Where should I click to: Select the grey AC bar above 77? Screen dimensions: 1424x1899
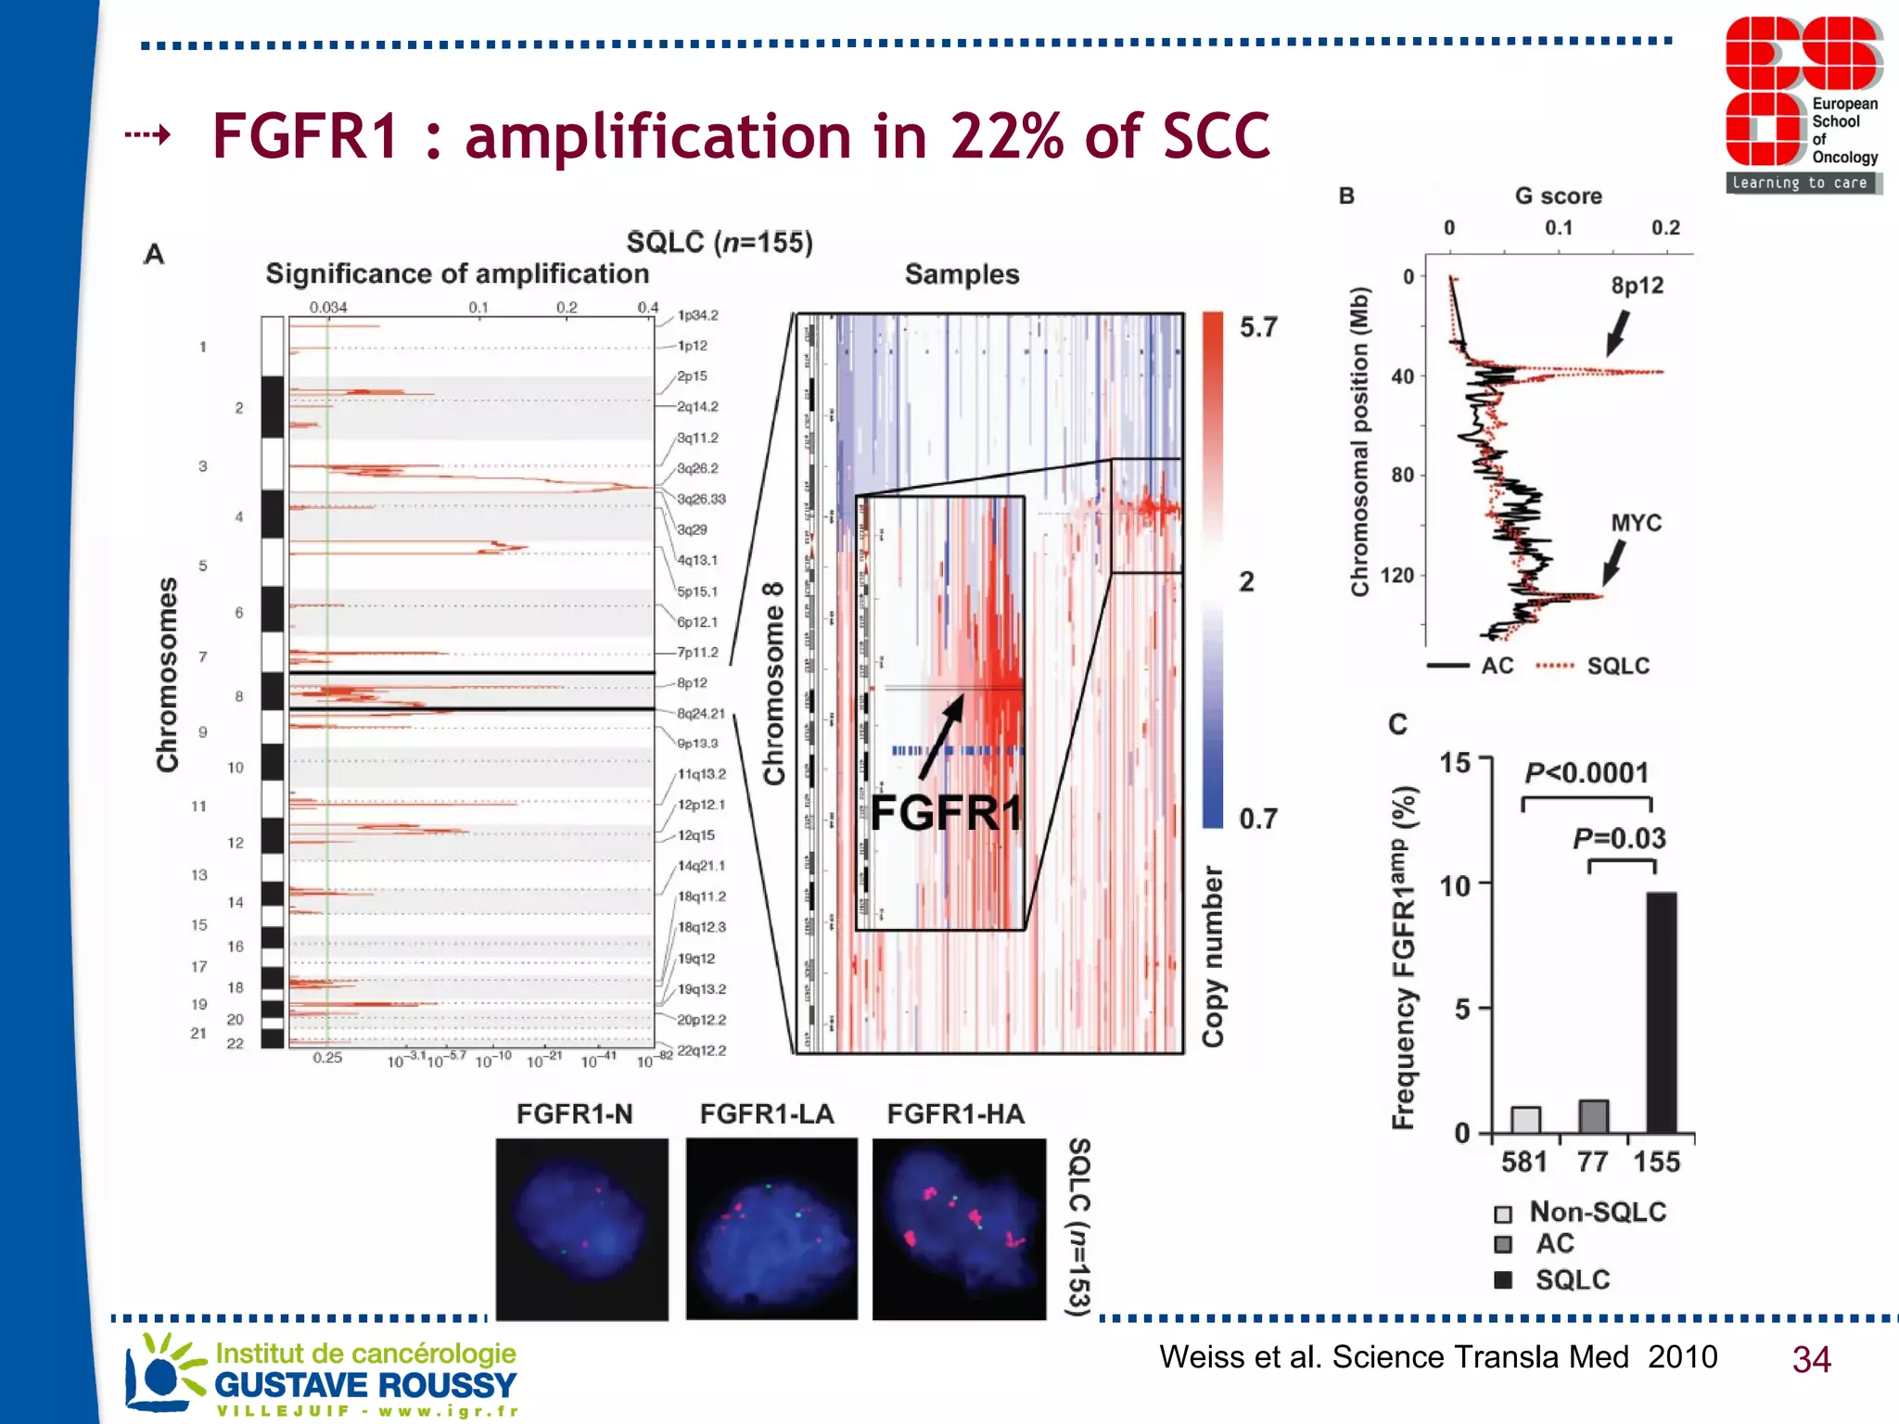[1593, 1116]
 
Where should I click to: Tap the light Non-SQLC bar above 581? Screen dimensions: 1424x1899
[1525, 1119]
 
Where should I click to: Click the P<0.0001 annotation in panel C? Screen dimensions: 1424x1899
[1587, 772]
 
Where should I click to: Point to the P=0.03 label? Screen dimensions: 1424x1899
[1619, 838]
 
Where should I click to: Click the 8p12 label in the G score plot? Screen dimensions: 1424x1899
[1637, 286]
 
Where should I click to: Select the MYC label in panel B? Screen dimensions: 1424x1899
[1636, 523]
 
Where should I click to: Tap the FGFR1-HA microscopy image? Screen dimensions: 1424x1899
[959, 1228]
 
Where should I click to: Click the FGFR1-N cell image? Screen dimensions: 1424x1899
[581, 1228]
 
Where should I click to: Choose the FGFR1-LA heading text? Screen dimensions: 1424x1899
[767, 1113]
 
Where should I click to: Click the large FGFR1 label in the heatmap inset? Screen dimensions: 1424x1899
[945, 813]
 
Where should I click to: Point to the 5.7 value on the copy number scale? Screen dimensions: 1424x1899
[1258, 327]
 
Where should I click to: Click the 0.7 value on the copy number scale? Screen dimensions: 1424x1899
[1258, 819]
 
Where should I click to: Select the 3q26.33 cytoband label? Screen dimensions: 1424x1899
[701, 499]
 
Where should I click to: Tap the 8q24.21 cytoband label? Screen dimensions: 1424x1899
[701, 713]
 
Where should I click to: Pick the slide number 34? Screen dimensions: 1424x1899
[1811, 1359]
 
